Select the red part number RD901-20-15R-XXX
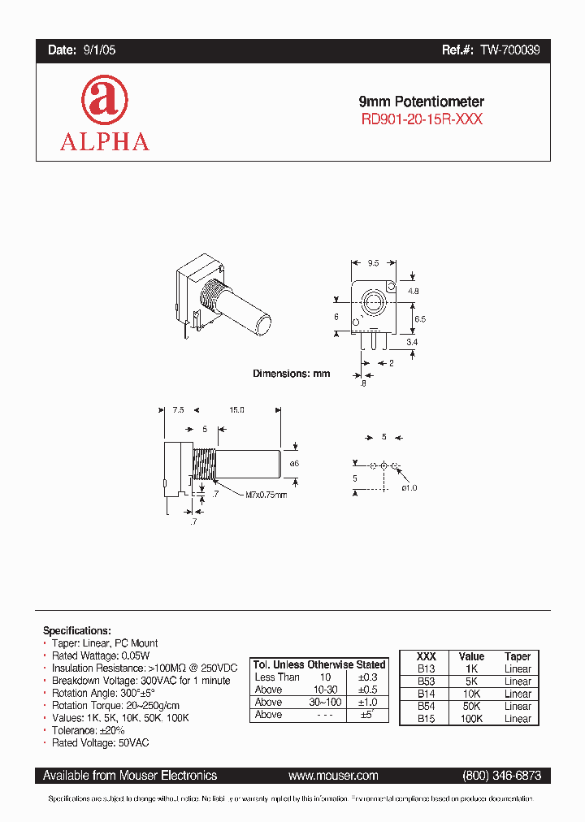(x=422, y=119)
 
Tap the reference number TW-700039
(x=509, y=50)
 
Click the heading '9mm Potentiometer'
(x=422, y=102)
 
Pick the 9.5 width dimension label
(x=373, y=263)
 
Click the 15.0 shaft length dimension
(x=236, y=410)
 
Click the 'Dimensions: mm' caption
(x=291, y=374)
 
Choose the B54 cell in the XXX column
(x=427, y=707)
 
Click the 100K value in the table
(x=471, y=719)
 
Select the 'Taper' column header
(x=518, y=656)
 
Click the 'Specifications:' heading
(x=76, y=630)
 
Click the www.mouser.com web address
(x=333, y=776)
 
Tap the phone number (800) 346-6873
(x=500, y=776)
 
